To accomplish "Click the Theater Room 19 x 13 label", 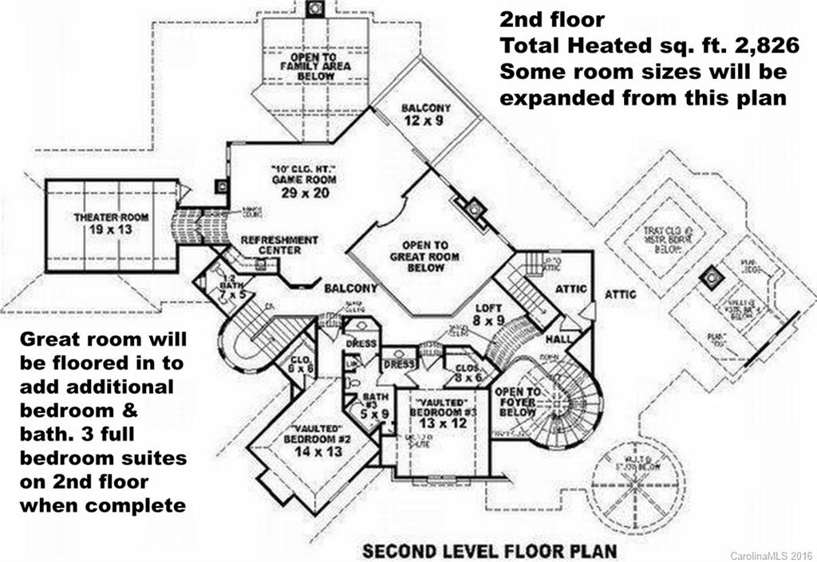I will coord(103,223).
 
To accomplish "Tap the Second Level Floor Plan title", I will coord(489,550).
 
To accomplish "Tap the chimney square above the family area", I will coord(315,8).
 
